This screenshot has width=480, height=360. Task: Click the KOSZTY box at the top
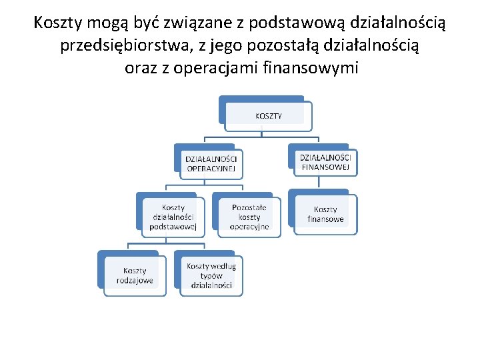268,115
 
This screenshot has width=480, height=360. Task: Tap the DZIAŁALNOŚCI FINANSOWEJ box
325,161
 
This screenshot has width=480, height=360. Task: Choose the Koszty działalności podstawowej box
173,217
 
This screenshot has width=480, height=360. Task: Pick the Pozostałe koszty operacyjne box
249,217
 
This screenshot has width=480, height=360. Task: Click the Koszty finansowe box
326,214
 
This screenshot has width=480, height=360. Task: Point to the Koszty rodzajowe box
135,275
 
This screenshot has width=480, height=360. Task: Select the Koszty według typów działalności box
211,275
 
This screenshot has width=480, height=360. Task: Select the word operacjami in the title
215,68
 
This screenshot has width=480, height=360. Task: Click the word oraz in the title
141,68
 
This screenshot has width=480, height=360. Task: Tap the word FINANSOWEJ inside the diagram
325,167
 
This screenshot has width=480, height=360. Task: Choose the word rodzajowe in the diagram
135,280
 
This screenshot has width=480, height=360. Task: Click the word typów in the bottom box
211,276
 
